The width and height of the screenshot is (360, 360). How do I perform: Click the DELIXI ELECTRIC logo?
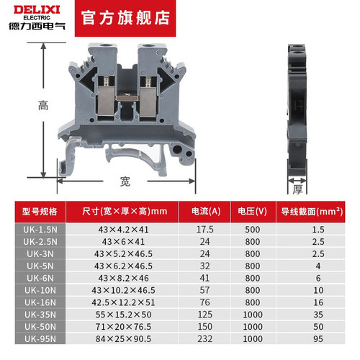[37, 18]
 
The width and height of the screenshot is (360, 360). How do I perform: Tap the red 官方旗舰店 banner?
[125, 18]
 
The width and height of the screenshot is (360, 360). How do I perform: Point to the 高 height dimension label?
[43, 105]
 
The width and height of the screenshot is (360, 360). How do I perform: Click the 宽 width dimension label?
[125, 181]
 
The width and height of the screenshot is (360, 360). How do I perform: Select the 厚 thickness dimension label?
[297, 189]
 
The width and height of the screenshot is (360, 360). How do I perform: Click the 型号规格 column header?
[40, 212]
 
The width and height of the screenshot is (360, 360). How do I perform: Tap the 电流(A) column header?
[206, 212]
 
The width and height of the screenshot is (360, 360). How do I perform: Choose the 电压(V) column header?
[253, 212]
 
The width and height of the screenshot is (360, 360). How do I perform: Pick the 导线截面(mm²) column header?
[312, 212]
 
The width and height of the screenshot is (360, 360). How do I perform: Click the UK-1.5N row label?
[40, 230]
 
